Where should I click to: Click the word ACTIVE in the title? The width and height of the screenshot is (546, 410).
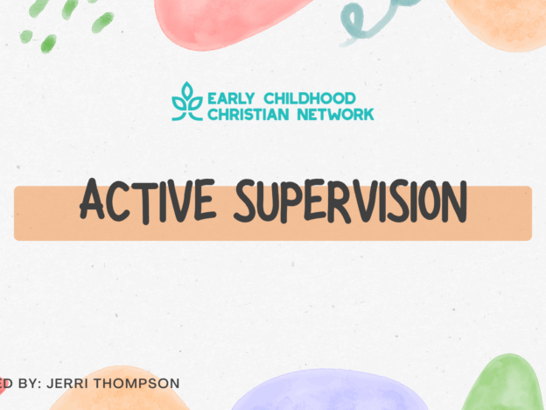pos(143,201)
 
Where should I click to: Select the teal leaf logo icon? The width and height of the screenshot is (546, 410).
pos(186,102)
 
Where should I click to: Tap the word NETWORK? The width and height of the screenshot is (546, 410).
pos(332,113)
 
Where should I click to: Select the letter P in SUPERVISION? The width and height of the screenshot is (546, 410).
pos(296,201)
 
